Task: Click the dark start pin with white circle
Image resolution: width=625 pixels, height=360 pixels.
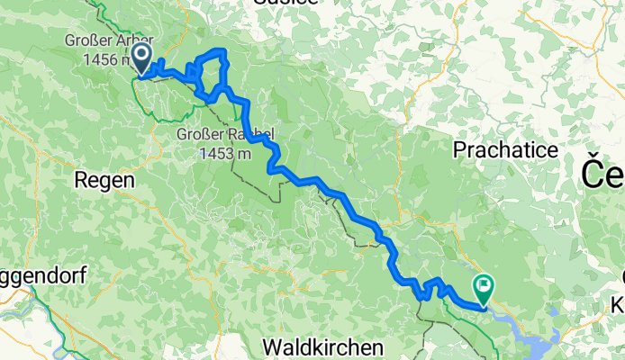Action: pos(142,58)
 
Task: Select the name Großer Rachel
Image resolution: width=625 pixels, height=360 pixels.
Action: pos(224,136)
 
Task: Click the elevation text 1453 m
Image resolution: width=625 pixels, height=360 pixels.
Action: pos(224,153)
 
